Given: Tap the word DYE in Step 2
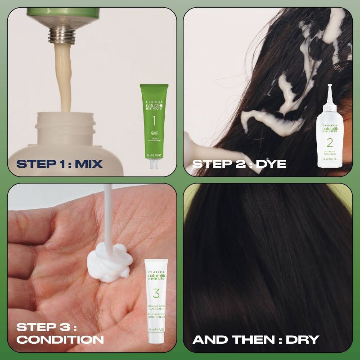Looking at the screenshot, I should tap(270, 164).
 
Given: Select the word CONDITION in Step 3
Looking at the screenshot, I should tap(60, 339).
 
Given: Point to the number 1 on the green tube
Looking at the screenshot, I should tap(153, 120).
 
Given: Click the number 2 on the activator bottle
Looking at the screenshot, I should tap(329, 143).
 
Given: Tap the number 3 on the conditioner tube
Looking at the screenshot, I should tap(156, 294).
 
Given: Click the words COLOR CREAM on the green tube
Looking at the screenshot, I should tap(153, 134).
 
